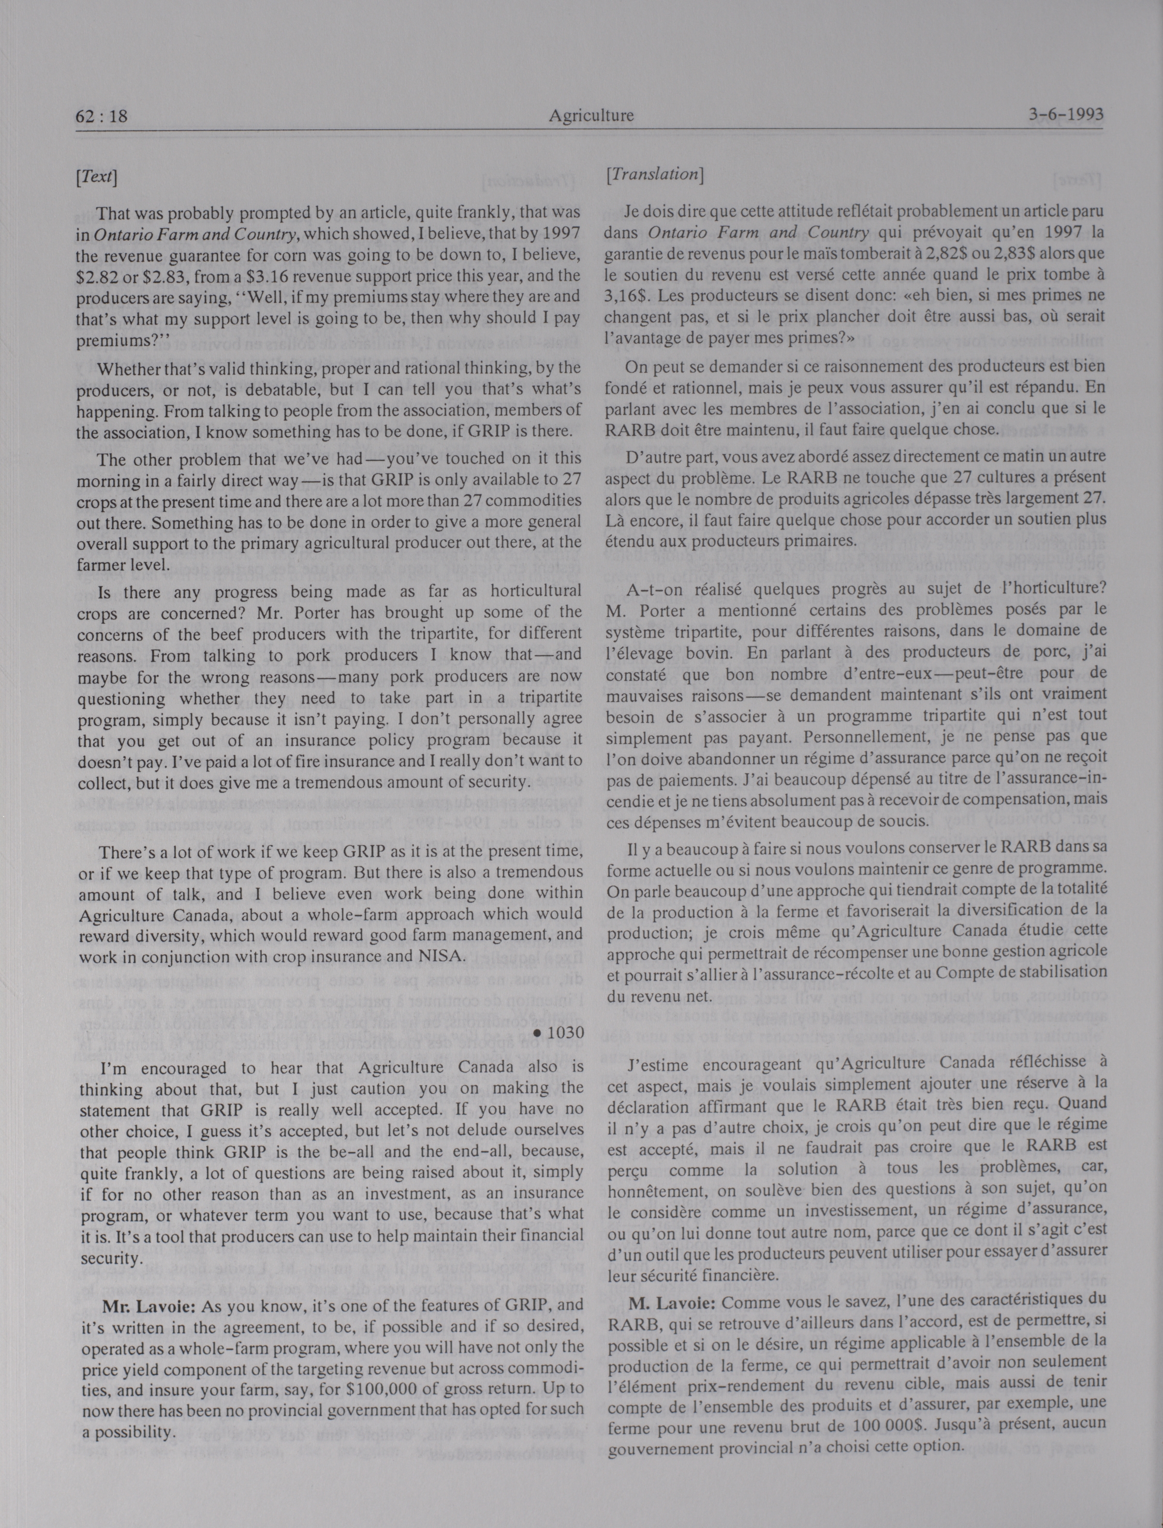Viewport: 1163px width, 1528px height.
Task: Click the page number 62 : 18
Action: tap(102, 116)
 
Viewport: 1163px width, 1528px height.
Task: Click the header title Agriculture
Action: tap(591, 116)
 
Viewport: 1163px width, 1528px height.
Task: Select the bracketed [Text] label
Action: tap(96, 177)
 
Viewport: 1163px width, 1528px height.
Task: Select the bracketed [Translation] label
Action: tap(654, 175)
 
